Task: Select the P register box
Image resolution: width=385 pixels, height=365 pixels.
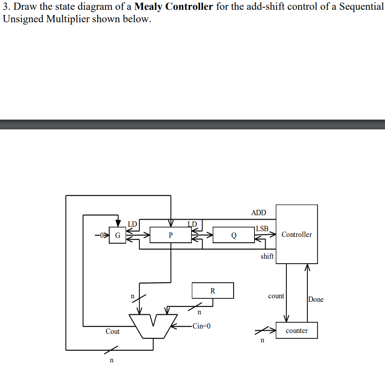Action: tap(171, 235)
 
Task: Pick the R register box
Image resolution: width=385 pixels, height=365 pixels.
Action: tap(212, 291)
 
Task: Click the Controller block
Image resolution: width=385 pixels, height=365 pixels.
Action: tap(297, 234)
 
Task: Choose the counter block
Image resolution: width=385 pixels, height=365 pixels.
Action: tap(297, 330)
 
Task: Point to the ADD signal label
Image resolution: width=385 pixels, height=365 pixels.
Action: tap(258, 213)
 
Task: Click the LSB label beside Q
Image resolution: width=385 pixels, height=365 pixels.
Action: tap(262, 229)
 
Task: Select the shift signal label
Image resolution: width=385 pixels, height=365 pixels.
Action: tap(267, 256)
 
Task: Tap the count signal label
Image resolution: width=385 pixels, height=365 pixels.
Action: tap(276, 296)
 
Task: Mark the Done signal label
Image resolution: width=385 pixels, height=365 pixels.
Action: tap(316, 299)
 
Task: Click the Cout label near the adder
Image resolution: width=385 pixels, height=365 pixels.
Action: tap(112, 331)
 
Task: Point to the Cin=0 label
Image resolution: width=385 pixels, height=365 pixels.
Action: tap(201, 326)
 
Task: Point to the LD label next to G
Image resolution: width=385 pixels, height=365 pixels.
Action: tap(132, 223)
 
